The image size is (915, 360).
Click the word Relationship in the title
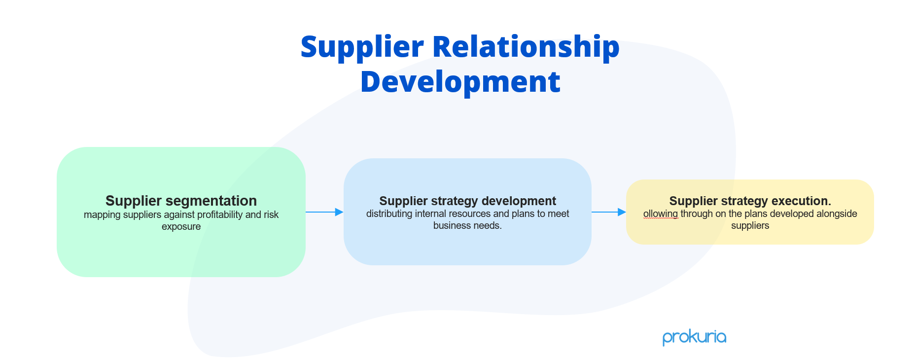tap(526, 47)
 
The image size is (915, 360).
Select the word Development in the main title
tap(460, 82)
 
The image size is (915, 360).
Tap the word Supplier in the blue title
tap(362, 47)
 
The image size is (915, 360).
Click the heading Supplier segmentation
tap(181, 201)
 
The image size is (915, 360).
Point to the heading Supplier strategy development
tap(467, 201)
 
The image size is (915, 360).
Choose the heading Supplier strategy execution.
tap(750, 201)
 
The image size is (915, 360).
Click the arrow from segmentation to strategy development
tap(324, 212)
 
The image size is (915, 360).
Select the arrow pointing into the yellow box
tap(608, 212)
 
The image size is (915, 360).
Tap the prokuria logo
tap(694, 337)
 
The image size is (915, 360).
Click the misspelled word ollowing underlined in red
tap(661, 214)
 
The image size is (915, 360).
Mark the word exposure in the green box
tap(181, 227)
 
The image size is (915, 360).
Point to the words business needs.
tap(467, 226)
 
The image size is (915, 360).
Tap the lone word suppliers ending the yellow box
tap(750, 226)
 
